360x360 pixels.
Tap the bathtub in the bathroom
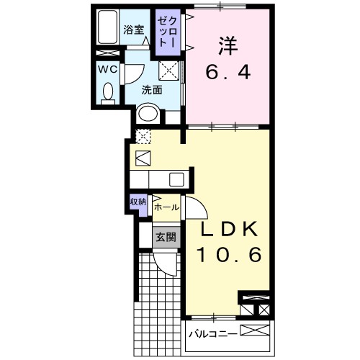point(109,29)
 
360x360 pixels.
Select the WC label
point(108,70)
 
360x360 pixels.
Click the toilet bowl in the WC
point(109,92)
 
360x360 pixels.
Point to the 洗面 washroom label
point(151,91)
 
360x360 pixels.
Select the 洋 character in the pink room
point(228,45)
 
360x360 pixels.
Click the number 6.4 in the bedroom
point(228,73)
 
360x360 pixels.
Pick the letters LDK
point(228,230)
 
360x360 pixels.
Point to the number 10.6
point(228,256)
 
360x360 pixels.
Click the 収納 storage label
point(138,202)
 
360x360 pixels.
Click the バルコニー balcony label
point(211,333)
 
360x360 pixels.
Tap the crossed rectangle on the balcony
point(256,332)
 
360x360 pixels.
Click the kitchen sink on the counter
point(176,180)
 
